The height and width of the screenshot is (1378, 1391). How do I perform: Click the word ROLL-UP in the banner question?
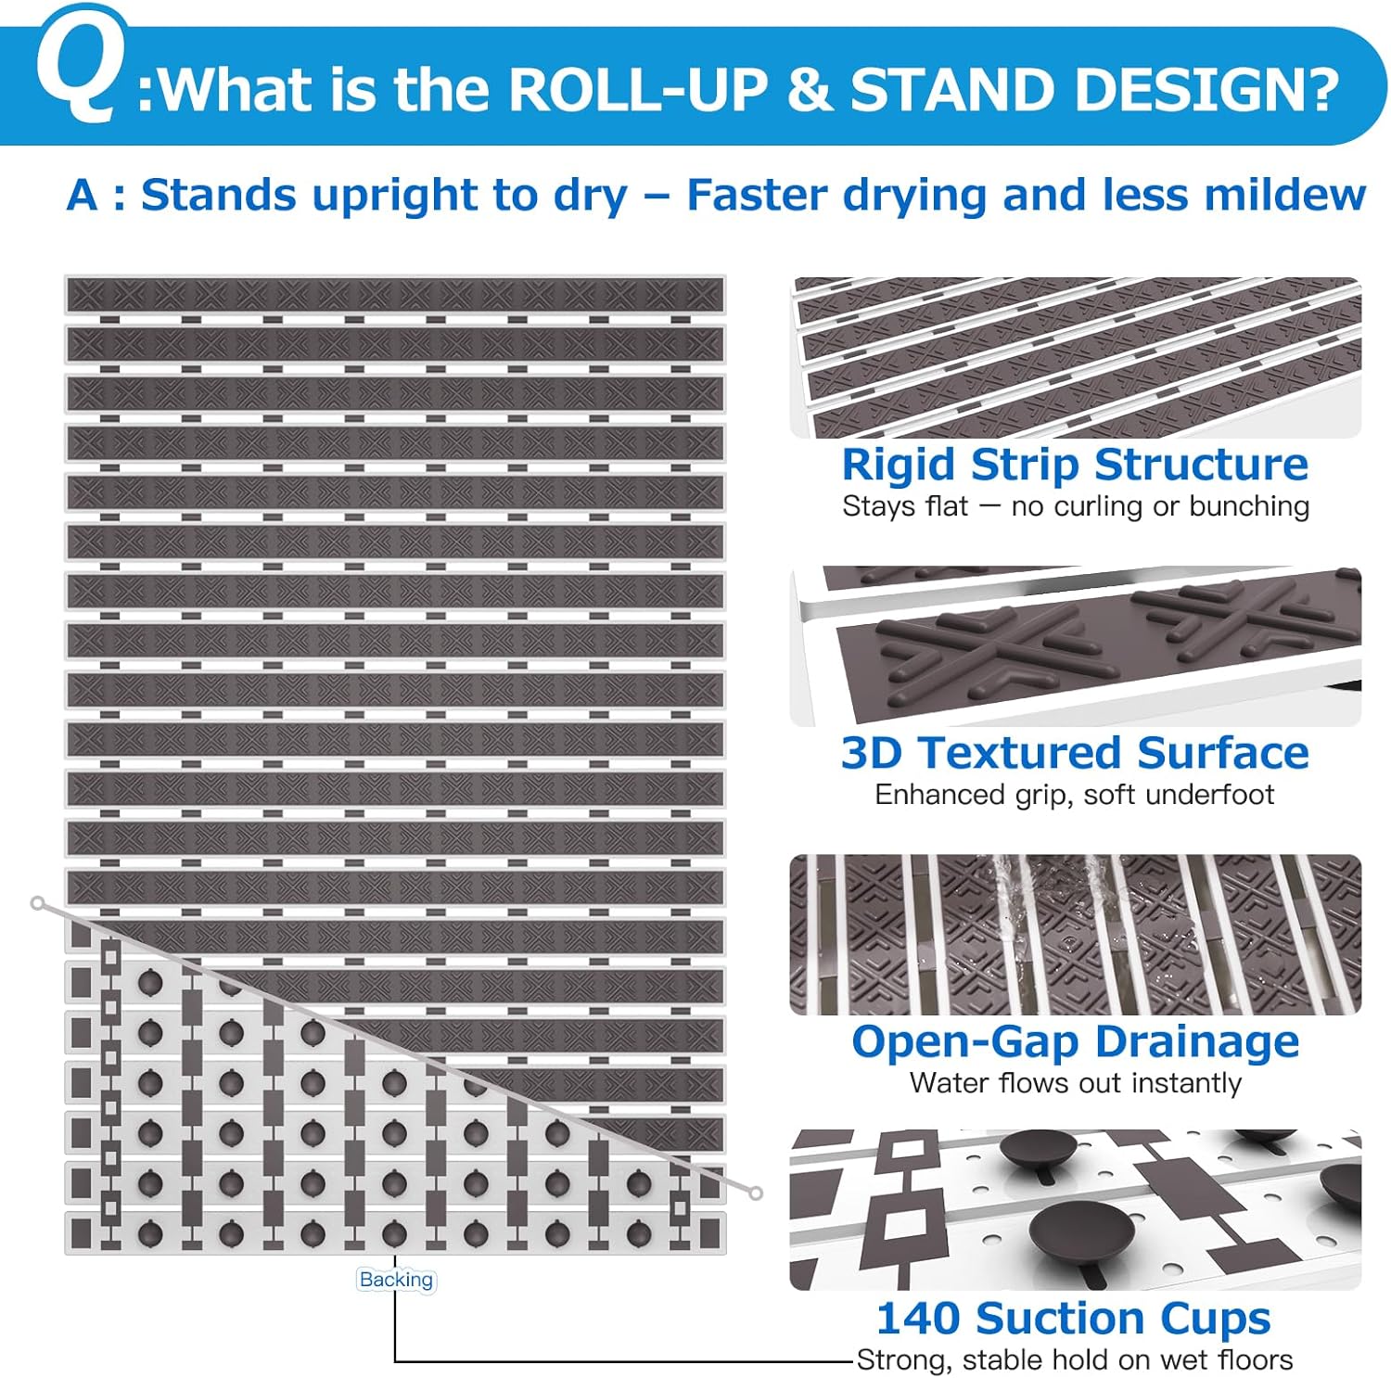639,89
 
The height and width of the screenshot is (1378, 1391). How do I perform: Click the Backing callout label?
396,1280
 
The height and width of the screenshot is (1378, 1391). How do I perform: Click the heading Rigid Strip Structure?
1075,465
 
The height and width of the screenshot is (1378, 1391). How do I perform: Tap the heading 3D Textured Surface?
1075,752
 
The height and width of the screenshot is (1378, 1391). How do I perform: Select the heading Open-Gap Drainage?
1075,1042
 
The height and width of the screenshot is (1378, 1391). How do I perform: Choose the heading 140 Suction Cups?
1073,1319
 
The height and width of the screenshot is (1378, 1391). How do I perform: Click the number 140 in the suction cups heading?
918,1318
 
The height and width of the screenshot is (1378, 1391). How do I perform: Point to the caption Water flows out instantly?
1075,1083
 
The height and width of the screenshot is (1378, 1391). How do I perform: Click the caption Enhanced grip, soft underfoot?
1074,795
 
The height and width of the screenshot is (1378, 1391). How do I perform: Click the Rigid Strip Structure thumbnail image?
1075,357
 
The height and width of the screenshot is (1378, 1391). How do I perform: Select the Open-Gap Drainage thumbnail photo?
1075,934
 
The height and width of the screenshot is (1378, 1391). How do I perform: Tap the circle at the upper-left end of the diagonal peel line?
37,902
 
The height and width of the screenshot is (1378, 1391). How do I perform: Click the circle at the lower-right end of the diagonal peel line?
756,1193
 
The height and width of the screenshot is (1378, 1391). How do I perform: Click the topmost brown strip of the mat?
395,295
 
